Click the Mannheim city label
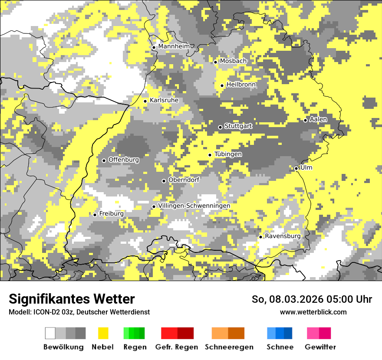pyautogui.click(x=174, y=46)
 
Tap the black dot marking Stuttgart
pyautogui.click(x=220, y=127)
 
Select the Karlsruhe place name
pyautogui.click(x=164, y=100)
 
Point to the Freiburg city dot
pyautogui.click(x=95, y=215)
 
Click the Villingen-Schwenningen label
pyautogui.click(x=194, y=206)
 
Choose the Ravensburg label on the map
pyautogui.click(x=283, y=236)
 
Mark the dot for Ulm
pyautogui.click(x=296, y=168)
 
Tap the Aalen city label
pyautogui.click(x=319, y=119)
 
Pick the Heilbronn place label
pyautogui.click(x=241, y=85)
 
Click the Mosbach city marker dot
pyautogui.click(x=215, y=62)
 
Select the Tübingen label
pyautogui.click(x=228, y=154)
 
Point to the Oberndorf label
pyautogui.click(x=184, y=180)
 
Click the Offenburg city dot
pyautogui.click(x=104, y=160)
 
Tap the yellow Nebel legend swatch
pyautogui.click(x=103, y=333)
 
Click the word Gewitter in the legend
pyautogui.click(x=320, y=347)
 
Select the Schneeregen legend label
pyautogui.click(x=229, y=347)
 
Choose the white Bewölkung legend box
pyautogui.click(x=50, y=333)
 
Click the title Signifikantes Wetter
pyautogui.click(x=72, y=299)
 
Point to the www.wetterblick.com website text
pyautogui.click(x=313, y=312)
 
